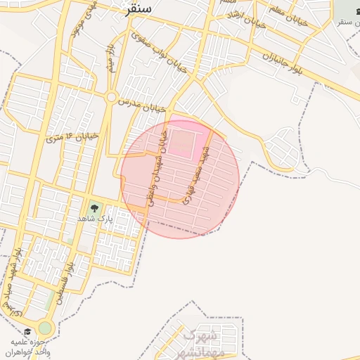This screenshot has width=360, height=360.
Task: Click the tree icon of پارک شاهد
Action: tap(94, 208)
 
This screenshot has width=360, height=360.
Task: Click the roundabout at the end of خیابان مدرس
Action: tap(110, 97)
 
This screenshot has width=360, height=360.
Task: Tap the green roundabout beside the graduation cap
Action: tap(45, 328)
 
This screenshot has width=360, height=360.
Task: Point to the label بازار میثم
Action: tap(110, 59)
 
